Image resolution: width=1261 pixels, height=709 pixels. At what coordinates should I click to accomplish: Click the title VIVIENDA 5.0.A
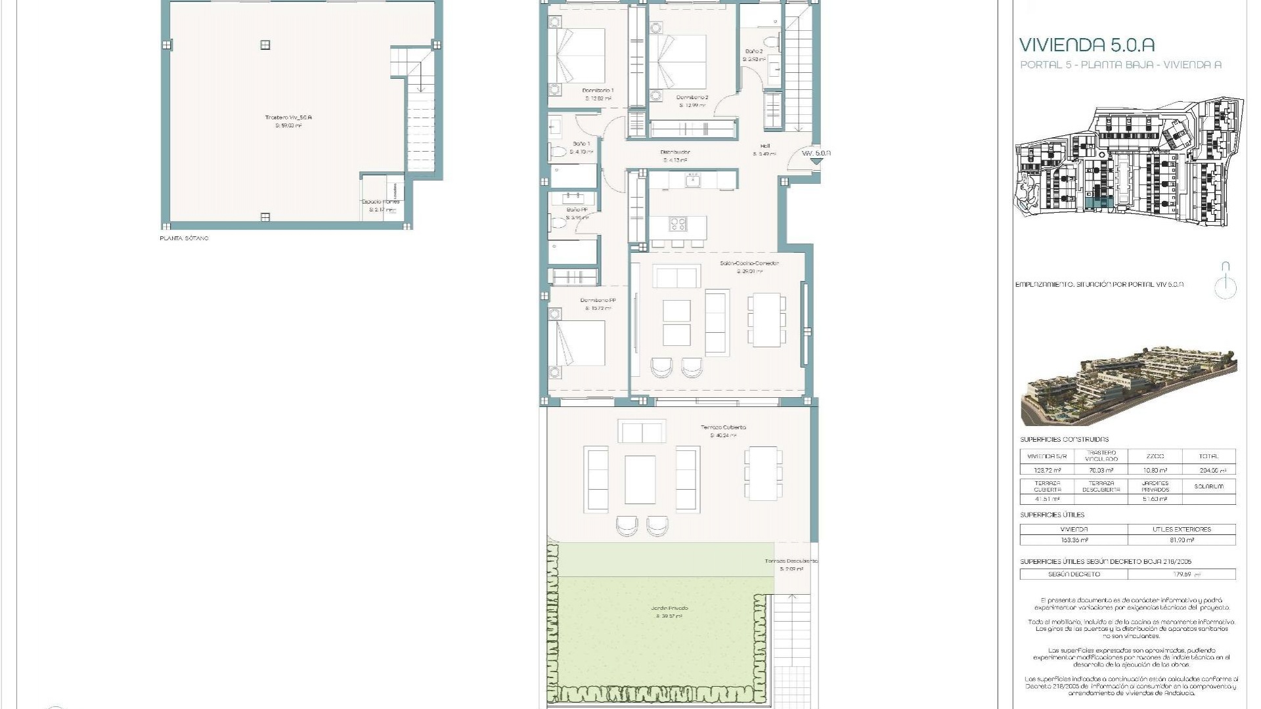(x=1086, y=45)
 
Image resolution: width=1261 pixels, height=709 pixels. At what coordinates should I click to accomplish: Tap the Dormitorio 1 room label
(x=598, y=91)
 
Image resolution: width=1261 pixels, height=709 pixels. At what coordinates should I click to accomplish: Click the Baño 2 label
(x=753, y=51)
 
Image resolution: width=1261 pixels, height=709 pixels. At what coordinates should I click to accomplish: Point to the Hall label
(x=764, y=146)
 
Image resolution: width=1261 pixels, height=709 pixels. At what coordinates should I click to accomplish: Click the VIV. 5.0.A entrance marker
(x=816, y=154)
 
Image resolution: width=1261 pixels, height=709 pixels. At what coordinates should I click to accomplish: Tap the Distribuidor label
(x=675, y=152)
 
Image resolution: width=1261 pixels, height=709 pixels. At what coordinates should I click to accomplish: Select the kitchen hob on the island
(x=678, y=225)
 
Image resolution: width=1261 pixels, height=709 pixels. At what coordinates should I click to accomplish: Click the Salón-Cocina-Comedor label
(x=749, y=263)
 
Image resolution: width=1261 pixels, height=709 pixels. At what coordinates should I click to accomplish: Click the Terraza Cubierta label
(x=722, y=427)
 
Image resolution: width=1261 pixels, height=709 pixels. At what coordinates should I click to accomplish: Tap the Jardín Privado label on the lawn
(x=669, y=609)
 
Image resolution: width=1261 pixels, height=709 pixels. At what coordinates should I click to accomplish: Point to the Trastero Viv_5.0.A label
(x=288, y=118)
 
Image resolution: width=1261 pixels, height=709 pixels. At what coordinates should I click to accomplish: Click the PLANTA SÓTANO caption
(x=184, y=238)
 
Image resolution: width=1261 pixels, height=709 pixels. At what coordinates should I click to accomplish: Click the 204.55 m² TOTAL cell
(x=1208, y=470)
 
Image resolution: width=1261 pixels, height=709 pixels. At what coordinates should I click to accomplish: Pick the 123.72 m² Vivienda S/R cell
(x=1047, y=470)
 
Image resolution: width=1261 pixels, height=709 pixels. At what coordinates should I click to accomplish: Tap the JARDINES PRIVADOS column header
(x=1155, y=486)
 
